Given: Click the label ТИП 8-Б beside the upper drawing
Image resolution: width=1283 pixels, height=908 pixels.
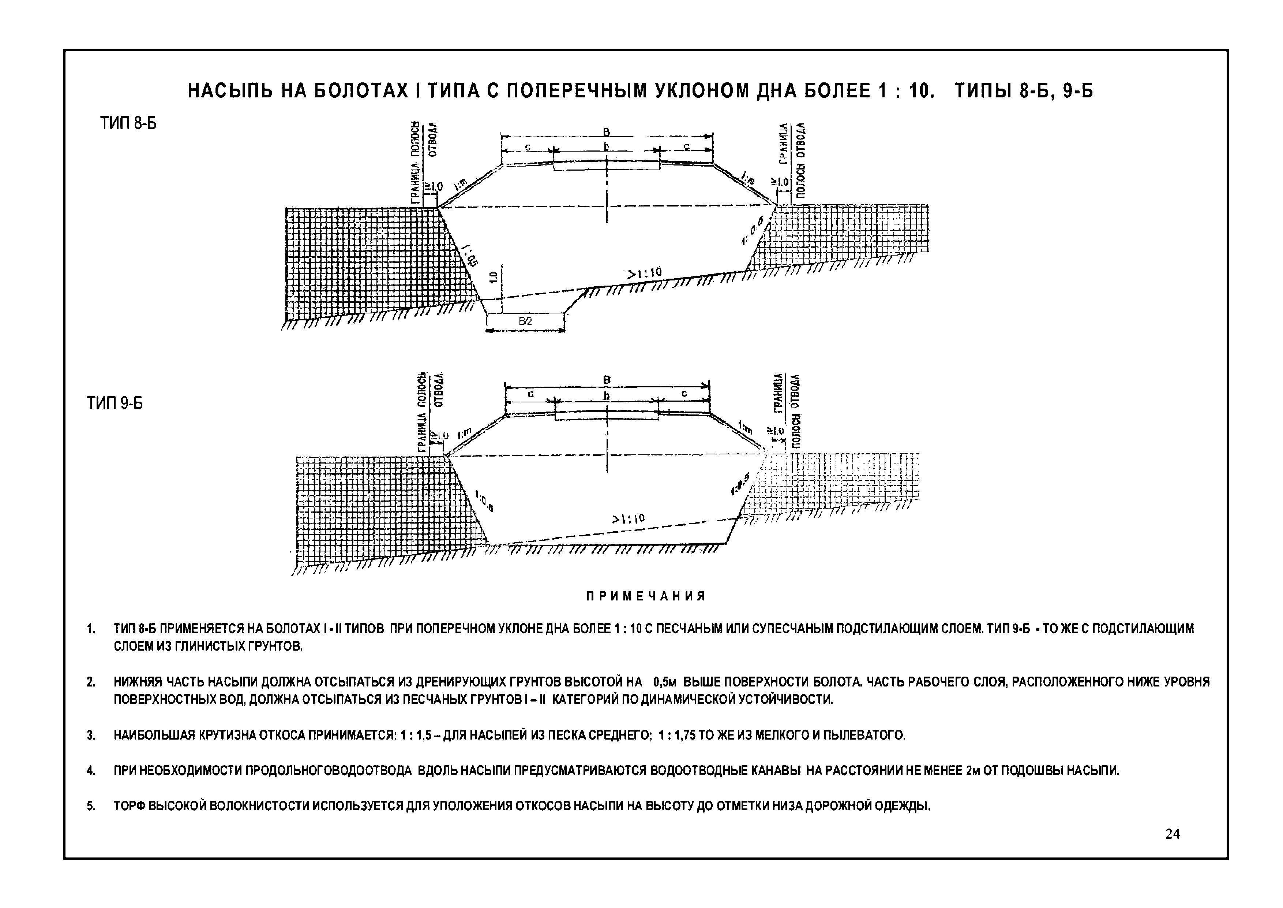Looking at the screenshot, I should coord(128,123).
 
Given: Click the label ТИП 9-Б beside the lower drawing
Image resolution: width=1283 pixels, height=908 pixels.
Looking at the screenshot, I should coord(115,403).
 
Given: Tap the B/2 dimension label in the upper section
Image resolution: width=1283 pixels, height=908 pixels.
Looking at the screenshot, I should coord(525,321).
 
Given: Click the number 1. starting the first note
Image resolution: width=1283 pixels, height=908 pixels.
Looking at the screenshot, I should coord(90,629).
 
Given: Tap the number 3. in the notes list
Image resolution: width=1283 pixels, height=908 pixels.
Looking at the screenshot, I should coord(90,735).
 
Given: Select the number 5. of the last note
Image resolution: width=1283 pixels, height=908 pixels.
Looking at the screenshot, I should coord(90,806).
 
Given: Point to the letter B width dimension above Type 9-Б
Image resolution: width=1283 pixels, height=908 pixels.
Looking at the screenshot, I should coord(607,380).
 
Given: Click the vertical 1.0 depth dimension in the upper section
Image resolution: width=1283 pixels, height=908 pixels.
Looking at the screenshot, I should coord(493,278).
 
